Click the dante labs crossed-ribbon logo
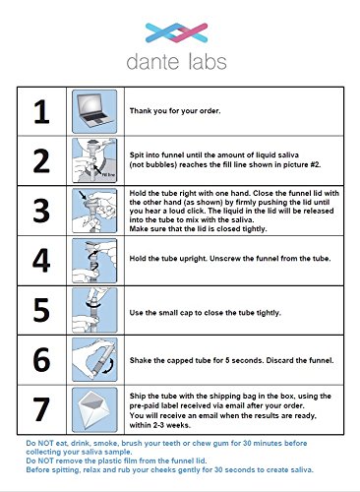pyautogui.click(x=176, y=32)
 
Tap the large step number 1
pyautogui.click(x=41, y=112)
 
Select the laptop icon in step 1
pyautogui.click(x=94, y=111)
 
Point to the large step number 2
pyautogui.click(x=41, y=160)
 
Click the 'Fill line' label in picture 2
pyautogui.click(x=108, y=175)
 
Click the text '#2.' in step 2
pyautogui.click(x=315, y=164)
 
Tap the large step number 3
pyautogui.click(x=41, y=211)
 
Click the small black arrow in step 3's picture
pyautogui.click(x=83, y=196)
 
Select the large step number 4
pyautogui.click(x=41, y=261)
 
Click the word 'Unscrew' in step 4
pyautogui.click(x=224, y=259)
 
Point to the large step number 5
pyautogui.click(x=41, y=310)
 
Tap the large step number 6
pyautogui.click(x=41, y=360)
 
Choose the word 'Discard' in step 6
pyautogui.click(x=279, y=360)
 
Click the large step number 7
pyautogui.click(x=41, y=409)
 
